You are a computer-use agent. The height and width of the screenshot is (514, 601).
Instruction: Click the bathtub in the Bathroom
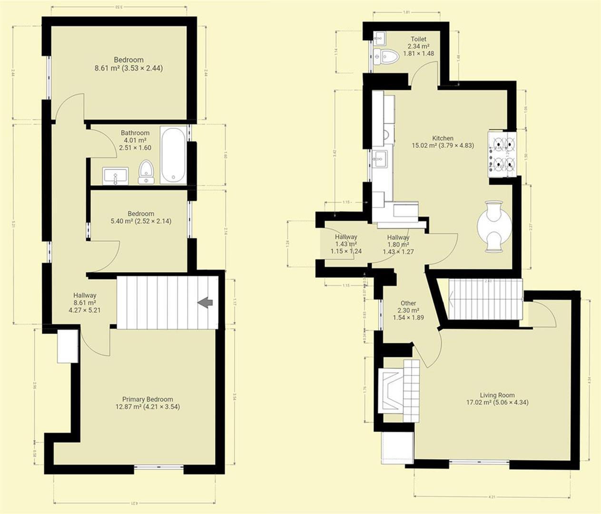pos(173,155)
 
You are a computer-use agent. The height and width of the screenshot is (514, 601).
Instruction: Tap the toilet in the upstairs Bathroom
pos(146,172)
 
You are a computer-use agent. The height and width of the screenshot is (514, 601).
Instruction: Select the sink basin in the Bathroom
pos(116,175)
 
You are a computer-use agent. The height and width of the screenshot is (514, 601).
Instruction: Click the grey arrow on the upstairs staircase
pos(206,302)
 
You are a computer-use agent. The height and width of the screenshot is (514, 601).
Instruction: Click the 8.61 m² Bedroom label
pos(128,64)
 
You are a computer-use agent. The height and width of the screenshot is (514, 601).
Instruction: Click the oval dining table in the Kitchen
pos(493,226)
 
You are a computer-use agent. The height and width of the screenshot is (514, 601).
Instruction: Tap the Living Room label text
pos(497,399)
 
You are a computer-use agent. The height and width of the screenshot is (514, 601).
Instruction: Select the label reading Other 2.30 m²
pos(408,310)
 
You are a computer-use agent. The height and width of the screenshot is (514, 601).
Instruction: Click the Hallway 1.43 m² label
pos(346,244)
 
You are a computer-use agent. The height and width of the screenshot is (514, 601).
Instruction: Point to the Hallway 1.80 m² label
pos(398,244)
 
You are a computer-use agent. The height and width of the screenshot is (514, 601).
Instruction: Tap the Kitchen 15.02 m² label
pos(443,142)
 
